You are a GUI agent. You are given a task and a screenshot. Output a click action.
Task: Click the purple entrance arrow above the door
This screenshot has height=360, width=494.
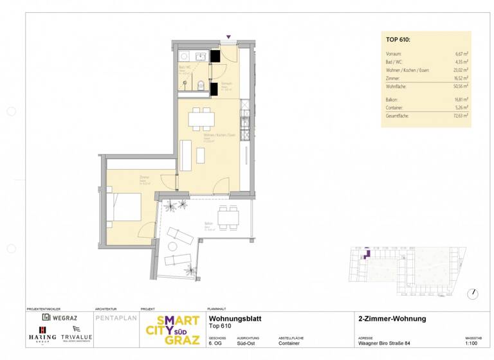[228, 38]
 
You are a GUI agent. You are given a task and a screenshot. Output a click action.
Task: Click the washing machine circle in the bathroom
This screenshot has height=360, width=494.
[201, 57]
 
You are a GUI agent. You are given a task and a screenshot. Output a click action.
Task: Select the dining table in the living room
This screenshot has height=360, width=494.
[201, 119]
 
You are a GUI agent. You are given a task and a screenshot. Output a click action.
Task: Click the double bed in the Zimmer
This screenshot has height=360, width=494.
[125, 208]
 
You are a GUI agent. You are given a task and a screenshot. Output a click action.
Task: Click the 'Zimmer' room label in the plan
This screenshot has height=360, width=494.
[144, 177]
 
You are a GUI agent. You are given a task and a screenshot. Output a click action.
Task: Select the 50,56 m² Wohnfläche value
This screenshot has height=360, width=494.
[460, 85]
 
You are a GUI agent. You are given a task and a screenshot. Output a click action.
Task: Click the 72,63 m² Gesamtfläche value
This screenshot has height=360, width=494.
[460, 116]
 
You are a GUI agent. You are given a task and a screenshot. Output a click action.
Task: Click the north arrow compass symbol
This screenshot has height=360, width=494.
[473, 293]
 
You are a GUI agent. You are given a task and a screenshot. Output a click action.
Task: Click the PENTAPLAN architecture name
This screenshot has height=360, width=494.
[116, 318]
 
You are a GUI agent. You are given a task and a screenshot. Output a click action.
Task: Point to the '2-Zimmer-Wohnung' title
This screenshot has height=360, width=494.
[392, 319]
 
